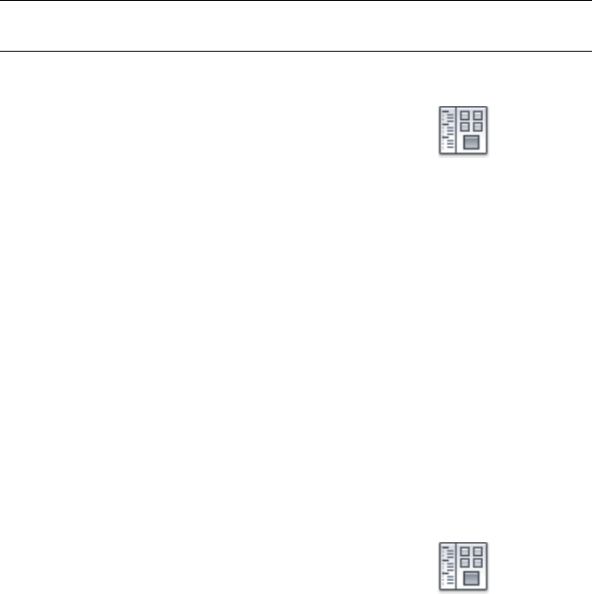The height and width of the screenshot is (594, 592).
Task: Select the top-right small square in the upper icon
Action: [478, 115]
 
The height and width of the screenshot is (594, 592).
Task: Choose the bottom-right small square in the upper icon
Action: [478, 127]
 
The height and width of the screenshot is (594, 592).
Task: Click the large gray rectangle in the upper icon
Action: [472, 142]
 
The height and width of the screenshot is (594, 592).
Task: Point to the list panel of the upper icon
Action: [448, 131]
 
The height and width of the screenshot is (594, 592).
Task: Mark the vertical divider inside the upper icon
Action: [457, 131]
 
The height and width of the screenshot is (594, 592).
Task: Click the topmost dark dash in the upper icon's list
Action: [446, 112]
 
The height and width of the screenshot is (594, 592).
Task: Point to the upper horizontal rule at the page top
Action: [296, 1]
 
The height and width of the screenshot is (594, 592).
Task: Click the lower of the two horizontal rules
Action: [296, 50]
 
